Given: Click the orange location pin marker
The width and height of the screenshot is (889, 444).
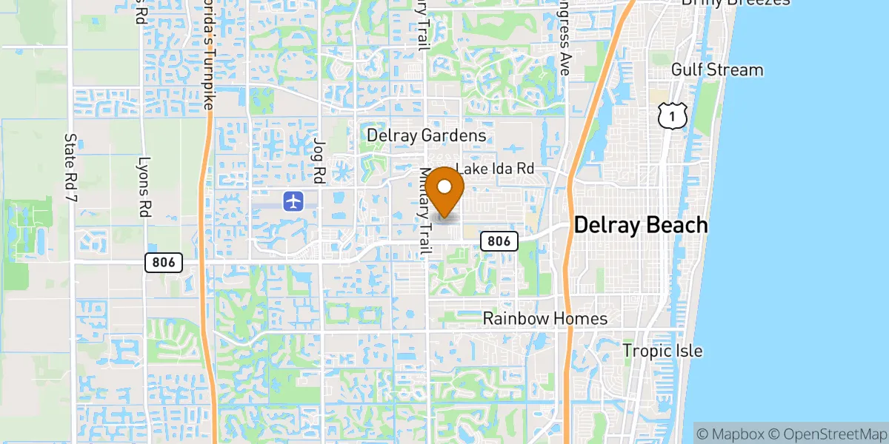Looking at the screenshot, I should tap(444, 191).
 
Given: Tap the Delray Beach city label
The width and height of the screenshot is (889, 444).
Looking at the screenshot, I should tap(641, 225).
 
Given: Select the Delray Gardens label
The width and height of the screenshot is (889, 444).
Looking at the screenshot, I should tap(427, 135).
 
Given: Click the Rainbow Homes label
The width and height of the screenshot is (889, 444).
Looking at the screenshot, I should tap(545, 319).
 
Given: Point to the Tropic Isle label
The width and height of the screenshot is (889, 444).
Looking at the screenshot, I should tap(662, 351).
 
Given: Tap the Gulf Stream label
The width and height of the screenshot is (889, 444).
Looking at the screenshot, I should tap(716, 70).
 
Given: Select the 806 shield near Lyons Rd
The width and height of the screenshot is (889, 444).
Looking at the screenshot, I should tap(164, 261).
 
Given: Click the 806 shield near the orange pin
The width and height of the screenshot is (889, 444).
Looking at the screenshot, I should tap(499, 240).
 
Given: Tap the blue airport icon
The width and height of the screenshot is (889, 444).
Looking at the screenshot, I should tap(294, 201).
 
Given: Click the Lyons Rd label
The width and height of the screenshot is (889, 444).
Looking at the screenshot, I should tap(143, 186).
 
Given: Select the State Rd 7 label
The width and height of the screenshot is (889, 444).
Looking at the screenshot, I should tap(71, 170).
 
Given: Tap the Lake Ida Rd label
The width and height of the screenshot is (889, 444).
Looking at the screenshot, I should tap(495, 169).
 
